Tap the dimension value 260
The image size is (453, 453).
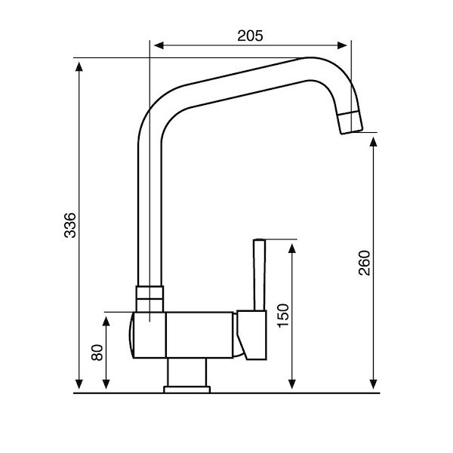pos(365,261)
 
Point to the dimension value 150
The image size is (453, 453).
pos(282,315)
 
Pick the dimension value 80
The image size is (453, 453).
pos(96,353)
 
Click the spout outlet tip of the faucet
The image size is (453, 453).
pos(350,123)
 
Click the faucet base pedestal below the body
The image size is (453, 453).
pos(186,374)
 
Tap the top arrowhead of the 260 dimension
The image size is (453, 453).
pos(374,140)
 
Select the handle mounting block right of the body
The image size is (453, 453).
pos(251,333)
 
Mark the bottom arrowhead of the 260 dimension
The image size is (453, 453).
pos(374,386)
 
